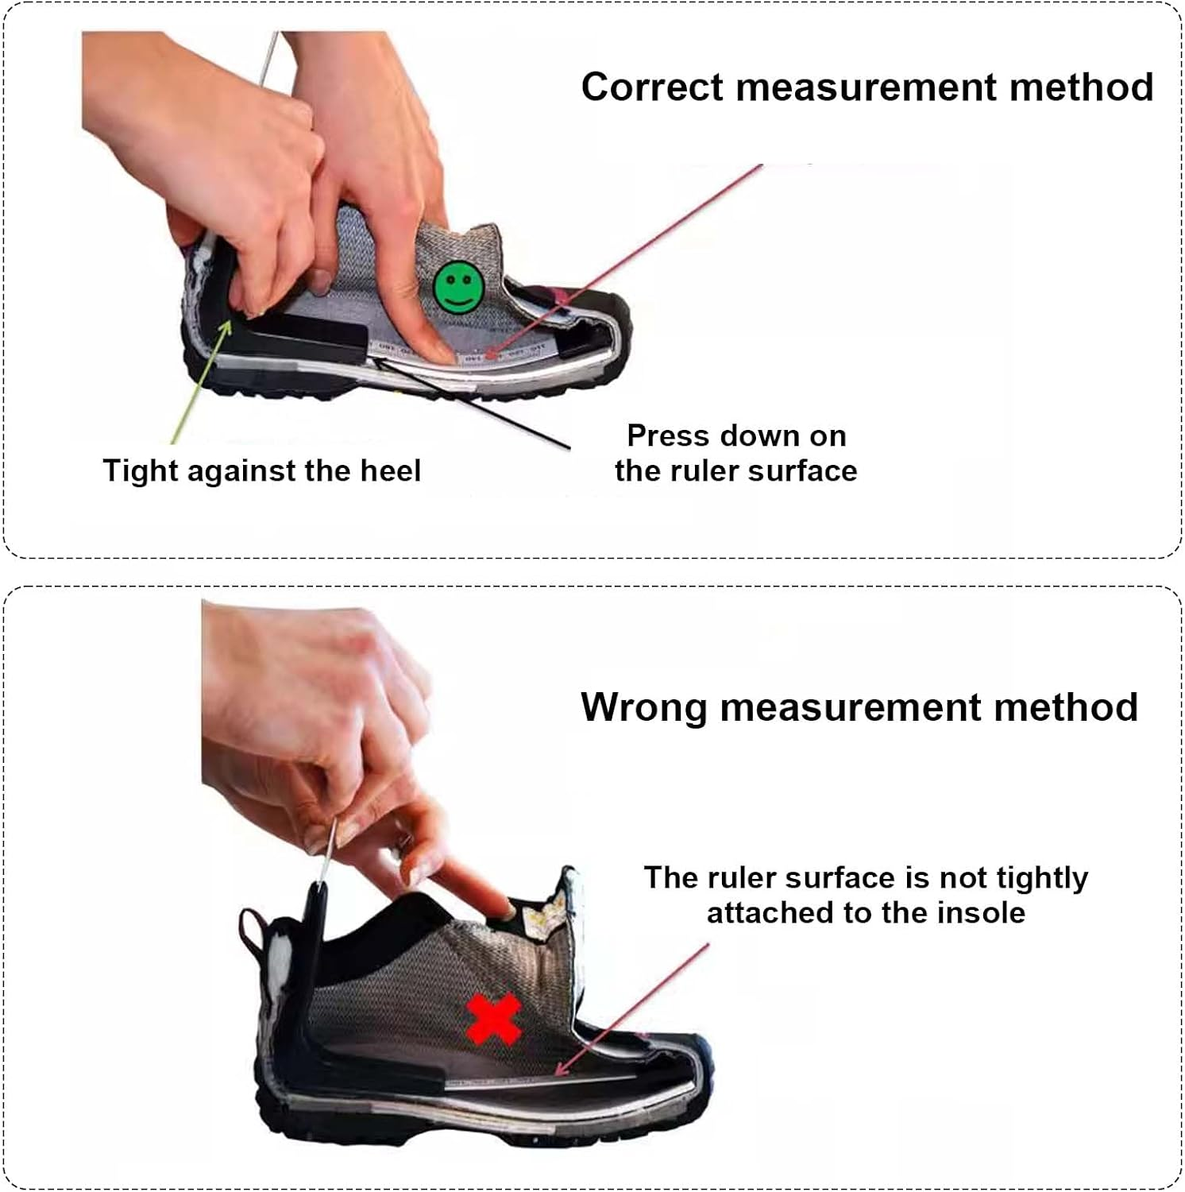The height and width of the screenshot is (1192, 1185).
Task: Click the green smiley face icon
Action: tap(458, 286)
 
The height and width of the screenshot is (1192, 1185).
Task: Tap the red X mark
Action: tap(494, 1020)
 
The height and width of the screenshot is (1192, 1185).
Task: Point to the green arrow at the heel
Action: tap(201, 382)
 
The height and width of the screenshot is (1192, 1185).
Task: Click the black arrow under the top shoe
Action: tap(469, 401)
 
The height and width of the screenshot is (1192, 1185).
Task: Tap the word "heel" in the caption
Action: tap(390, 470)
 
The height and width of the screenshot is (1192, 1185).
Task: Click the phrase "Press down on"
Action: tap(735, 435)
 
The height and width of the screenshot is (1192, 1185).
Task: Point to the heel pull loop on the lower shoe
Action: tap(253, 933)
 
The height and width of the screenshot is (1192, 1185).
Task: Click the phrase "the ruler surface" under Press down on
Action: tap(735, 470)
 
